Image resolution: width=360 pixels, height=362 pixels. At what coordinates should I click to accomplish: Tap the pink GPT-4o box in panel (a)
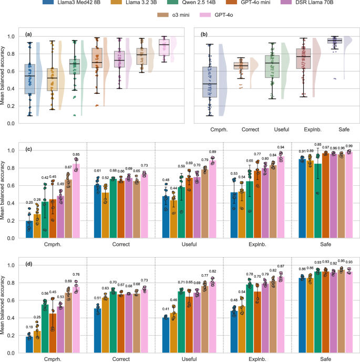click(165, 46)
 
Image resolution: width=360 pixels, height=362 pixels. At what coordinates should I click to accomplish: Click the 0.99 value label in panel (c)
click(348, 146)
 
